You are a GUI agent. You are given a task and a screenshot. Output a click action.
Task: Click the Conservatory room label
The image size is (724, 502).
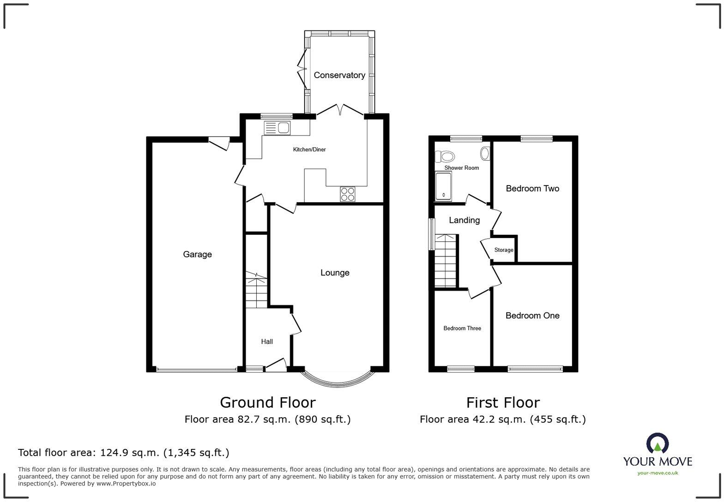(339, 75)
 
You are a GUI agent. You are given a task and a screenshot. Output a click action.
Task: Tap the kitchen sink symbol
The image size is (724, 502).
(277, 128)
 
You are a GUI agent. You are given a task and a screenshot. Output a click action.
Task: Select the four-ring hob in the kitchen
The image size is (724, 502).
(348, 194)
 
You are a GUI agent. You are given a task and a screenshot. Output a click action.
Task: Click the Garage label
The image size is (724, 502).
(197, 254)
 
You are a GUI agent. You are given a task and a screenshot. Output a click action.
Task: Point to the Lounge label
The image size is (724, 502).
(335, 273)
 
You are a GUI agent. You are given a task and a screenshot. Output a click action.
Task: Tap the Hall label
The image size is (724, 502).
(267, 341)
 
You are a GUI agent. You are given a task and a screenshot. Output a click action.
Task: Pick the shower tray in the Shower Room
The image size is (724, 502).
(443, 187)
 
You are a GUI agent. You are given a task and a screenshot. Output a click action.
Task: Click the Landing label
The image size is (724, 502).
(464, 220)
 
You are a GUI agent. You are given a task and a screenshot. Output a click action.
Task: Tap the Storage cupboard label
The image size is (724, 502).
(504, 250)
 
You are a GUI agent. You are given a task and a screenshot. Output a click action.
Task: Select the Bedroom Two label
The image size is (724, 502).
(532, 188)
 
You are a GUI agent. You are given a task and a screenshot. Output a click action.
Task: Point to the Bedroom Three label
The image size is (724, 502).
(462, 329)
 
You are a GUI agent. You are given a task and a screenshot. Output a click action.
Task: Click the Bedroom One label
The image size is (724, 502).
(532, 316)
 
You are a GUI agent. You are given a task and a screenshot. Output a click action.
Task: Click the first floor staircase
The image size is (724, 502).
(446, 261)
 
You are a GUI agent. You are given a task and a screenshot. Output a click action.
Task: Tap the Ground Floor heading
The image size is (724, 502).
(268, 402)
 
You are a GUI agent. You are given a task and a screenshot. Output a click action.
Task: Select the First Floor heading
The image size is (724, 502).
(503, 403)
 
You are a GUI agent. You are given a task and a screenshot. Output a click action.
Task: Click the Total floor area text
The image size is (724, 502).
(123, 453)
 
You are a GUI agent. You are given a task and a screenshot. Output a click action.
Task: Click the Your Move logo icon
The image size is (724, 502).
(658, 443)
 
